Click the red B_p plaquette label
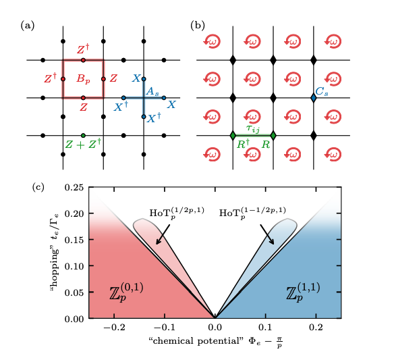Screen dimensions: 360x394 click(x=83, y=79)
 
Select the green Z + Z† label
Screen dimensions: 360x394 click(x=83, y=143)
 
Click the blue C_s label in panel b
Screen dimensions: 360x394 click(x=322, y=89)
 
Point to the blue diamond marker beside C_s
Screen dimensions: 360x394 click(x=314, y=98)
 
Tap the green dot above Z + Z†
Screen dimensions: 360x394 click(x=83, y=135)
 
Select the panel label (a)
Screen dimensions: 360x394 click(x=28, y=26)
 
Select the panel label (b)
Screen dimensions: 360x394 click(x=198, y=26)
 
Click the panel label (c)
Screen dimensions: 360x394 click(x=38, y=186)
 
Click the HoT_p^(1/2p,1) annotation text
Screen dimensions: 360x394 click(x=173, y=214)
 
